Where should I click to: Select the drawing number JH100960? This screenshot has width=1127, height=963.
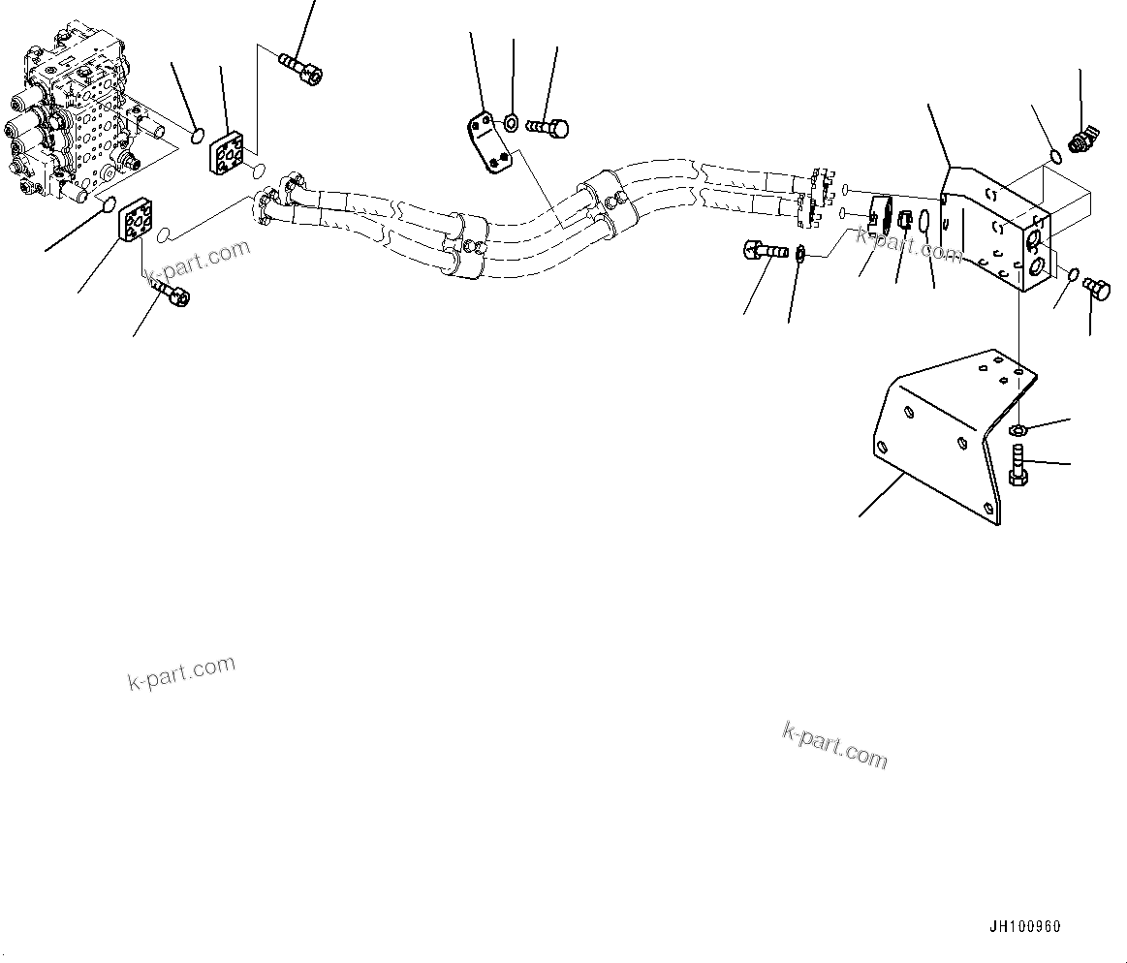click(x=1024, y=926)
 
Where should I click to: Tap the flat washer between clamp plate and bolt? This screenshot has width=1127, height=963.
click(x=511, y=123)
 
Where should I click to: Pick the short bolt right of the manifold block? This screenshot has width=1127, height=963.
click(x=1098, y=288)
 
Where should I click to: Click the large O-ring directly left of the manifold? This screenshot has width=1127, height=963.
click(x=925, y=224)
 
